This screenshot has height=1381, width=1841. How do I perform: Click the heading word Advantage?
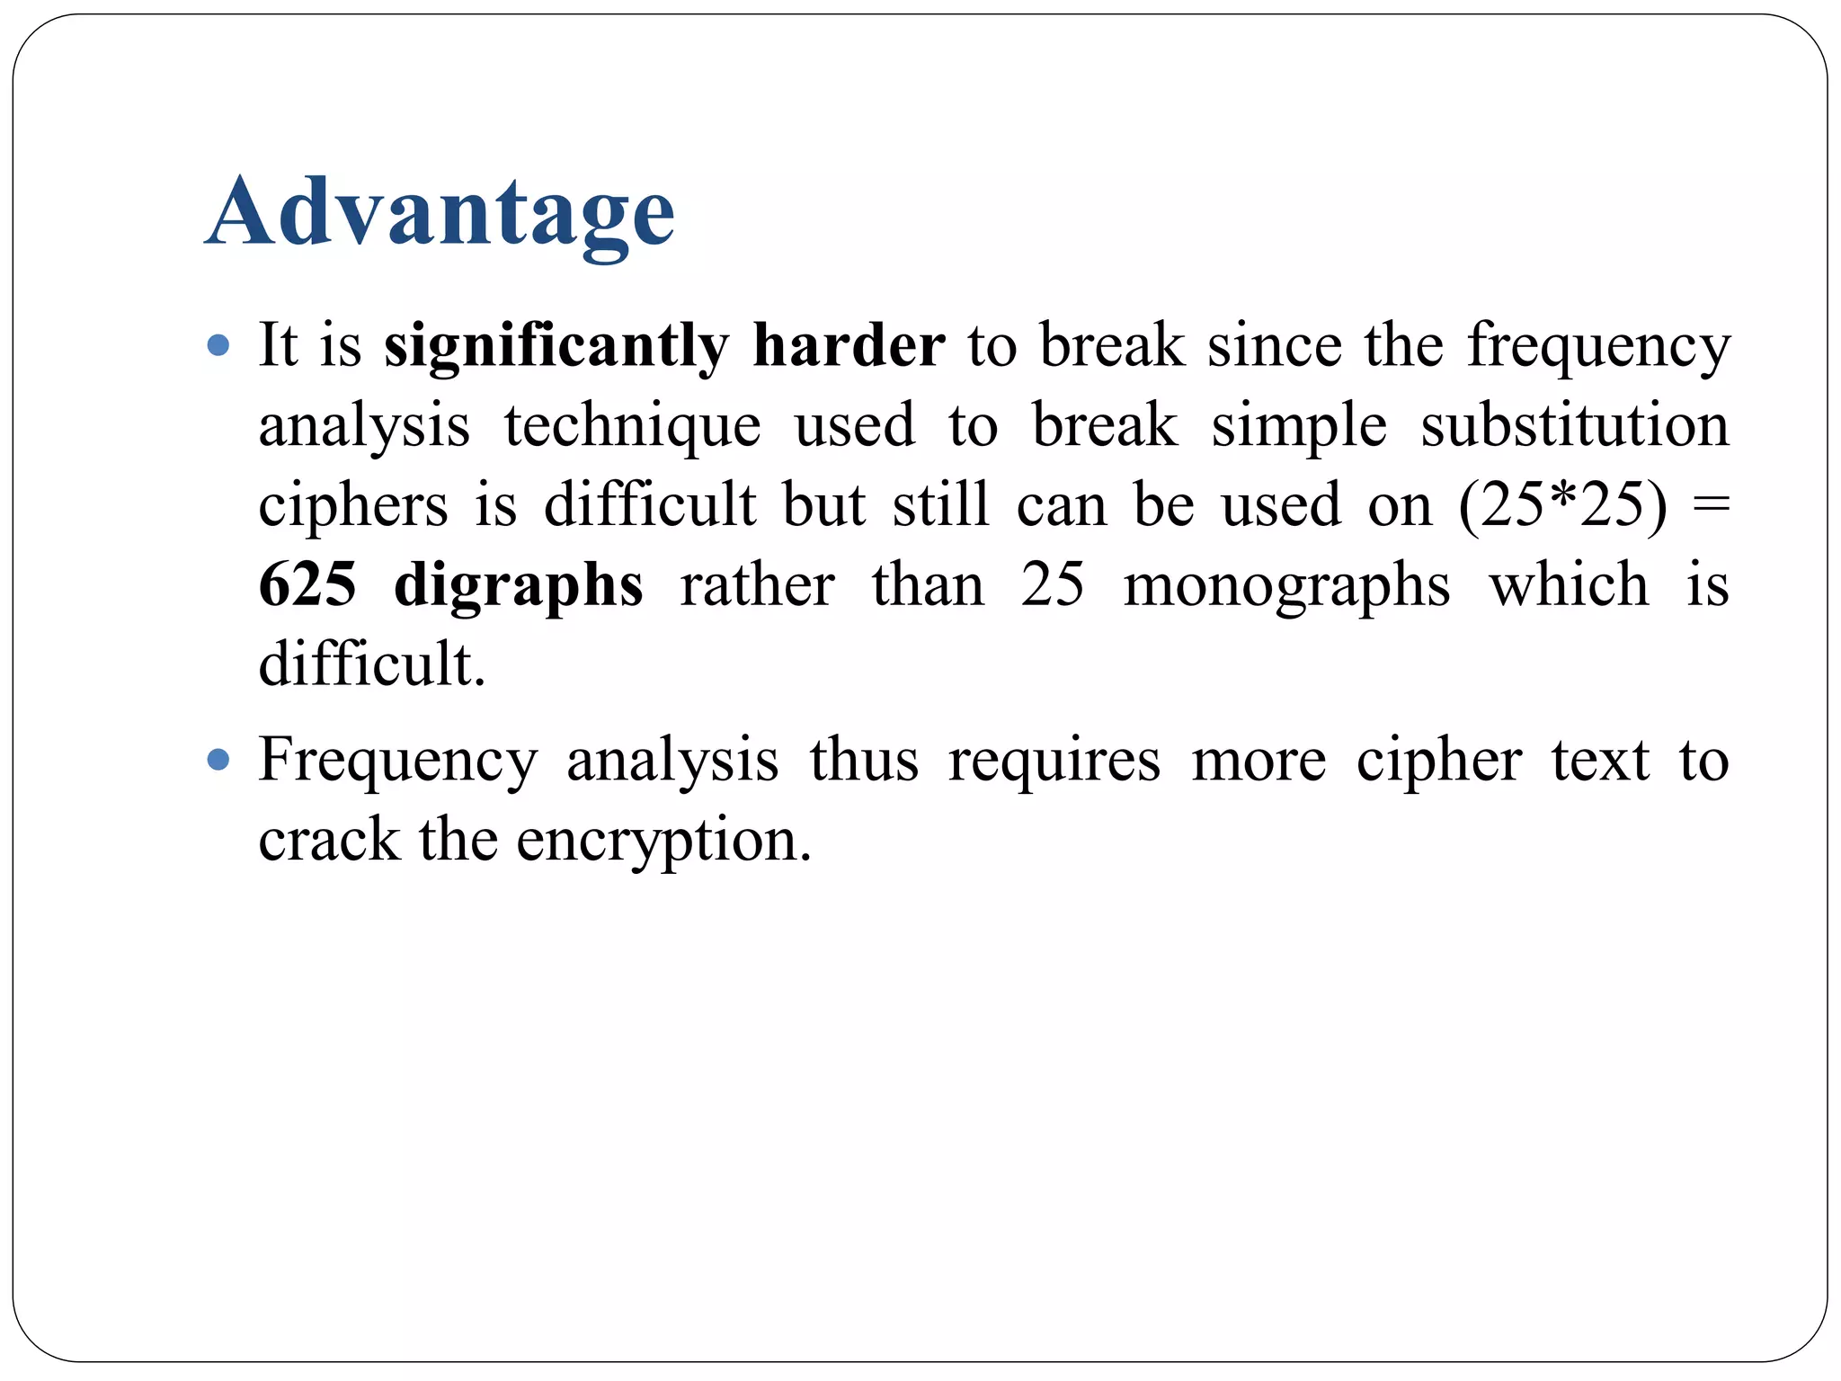tap(440, 212)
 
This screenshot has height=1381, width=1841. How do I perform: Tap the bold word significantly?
tap(556, 346)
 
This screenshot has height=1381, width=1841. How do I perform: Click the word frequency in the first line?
tap(1598, 346)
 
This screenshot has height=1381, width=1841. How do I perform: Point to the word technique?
tap(632, 425)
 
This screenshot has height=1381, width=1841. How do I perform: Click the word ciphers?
tap(352, 505)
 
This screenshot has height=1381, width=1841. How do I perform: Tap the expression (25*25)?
tap(1562, 505)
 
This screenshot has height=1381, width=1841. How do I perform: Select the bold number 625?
tap(307, 584)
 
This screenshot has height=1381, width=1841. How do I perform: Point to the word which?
tap(1569, 584)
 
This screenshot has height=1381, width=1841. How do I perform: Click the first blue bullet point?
tap(218, 346)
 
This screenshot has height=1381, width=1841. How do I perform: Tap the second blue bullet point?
tap(218, 761)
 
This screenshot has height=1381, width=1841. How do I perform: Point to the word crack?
tap(328, 840)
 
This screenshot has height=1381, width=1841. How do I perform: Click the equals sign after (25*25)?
tap(1710, 505)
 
